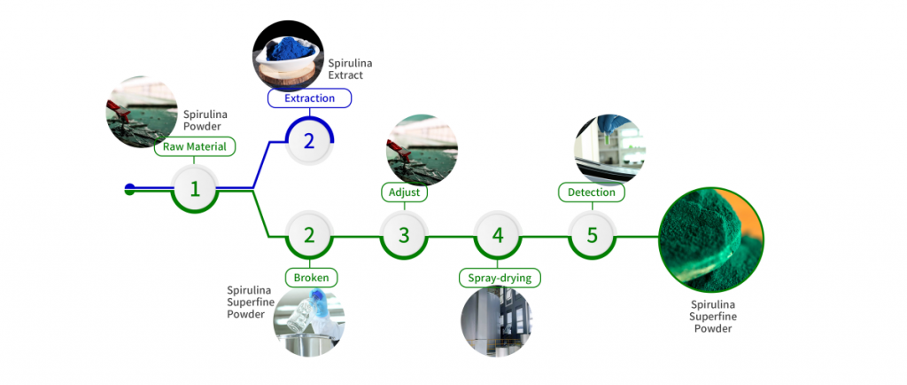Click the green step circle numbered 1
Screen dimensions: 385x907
click(x=195, y=188)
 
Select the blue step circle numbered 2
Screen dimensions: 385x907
click(x=308, y=140)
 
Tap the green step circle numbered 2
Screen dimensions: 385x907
click(x=309, y=235)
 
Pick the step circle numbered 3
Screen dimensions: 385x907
click(x=404, y=235)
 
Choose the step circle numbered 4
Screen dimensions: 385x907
click(x=498, y=235)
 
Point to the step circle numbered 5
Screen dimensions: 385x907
click(x=592, y=235)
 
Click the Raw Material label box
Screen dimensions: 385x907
click(x=195, y=147)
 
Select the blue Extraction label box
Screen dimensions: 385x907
click(x=309, y=98)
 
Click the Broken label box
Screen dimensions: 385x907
click(x=310, y=278)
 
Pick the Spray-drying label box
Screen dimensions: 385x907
click(x=500, y=278)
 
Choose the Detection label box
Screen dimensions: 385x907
click(x=592, y=192)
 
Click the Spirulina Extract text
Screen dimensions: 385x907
click(x=345, y=69)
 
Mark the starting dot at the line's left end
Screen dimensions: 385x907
click(x=130, y=188)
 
